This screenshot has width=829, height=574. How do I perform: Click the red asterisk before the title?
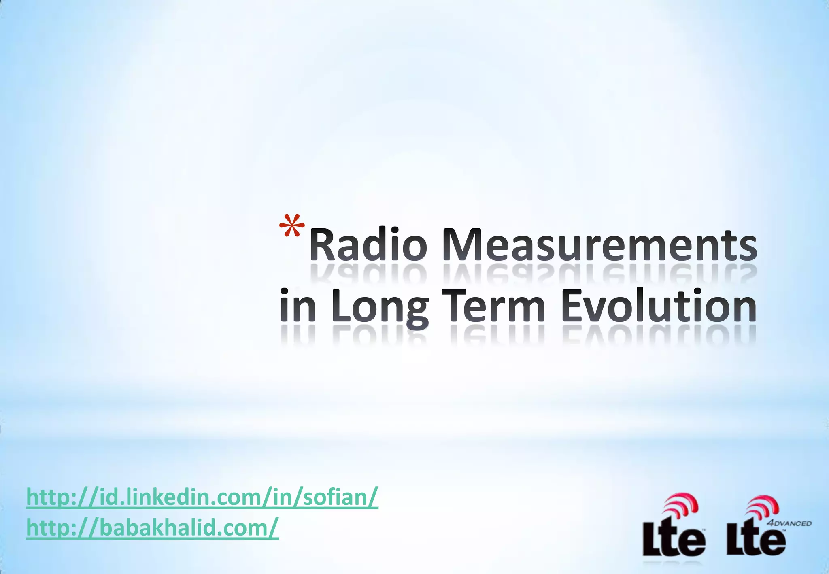point(292,225)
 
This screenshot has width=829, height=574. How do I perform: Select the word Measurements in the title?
point(599,245)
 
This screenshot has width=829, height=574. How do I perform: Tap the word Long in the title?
point(379,307)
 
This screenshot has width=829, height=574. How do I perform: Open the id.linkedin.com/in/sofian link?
point(202,497)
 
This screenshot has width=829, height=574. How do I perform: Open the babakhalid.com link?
point(152,527)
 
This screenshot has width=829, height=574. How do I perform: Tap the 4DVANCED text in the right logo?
point(789,523)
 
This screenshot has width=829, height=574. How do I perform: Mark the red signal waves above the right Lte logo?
point(763,507)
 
